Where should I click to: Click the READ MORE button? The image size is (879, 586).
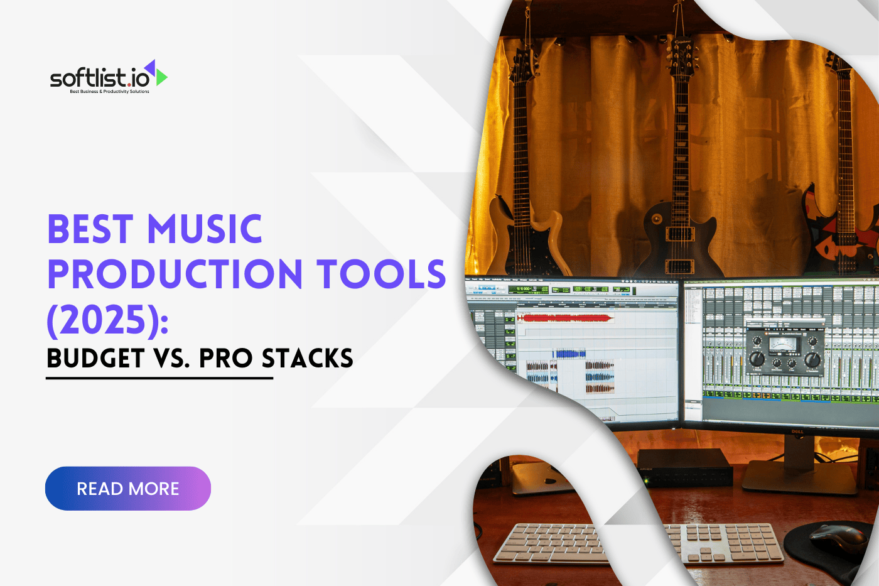point(128,489)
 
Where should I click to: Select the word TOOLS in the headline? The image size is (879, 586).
point(380,274)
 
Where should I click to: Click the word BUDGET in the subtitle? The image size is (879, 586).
point(95,359)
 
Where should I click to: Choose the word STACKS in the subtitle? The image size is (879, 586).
point(307,359)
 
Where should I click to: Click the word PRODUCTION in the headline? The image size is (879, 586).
point(176,274)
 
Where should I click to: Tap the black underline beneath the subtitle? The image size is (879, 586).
point(159,378)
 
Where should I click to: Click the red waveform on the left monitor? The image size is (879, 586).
point(565,318)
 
